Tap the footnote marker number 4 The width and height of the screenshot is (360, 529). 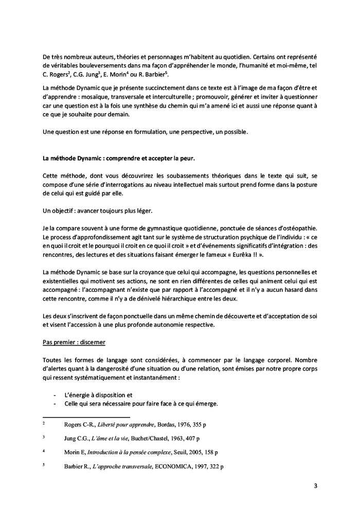click(44, 451)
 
